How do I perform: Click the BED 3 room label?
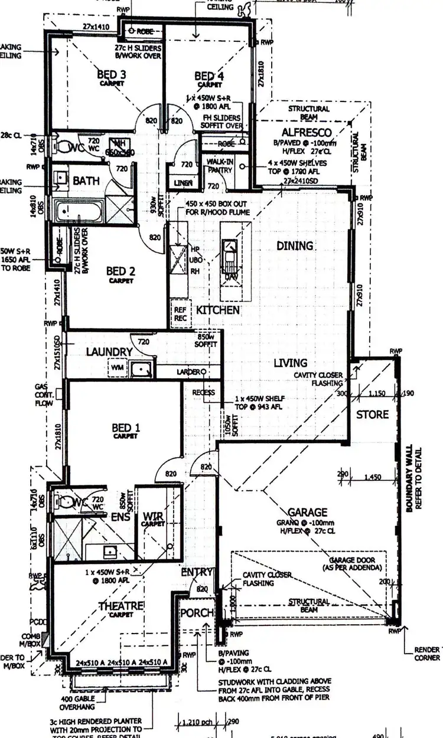pos(112,75)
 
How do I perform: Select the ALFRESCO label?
pos(307,132)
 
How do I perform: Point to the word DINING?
pos(295,245)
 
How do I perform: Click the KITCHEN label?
pos(218,310)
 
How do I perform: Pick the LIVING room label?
pos(290,363)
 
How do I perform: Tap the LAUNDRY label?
pos(109,352)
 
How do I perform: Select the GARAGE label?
pos(308,512)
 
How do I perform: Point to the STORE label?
pos(372,414)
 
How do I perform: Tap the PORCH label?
pos(197,613)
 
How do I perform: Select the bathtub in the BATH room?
pos(77,210)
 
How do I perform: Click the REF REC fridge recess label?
pos(179,313)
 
